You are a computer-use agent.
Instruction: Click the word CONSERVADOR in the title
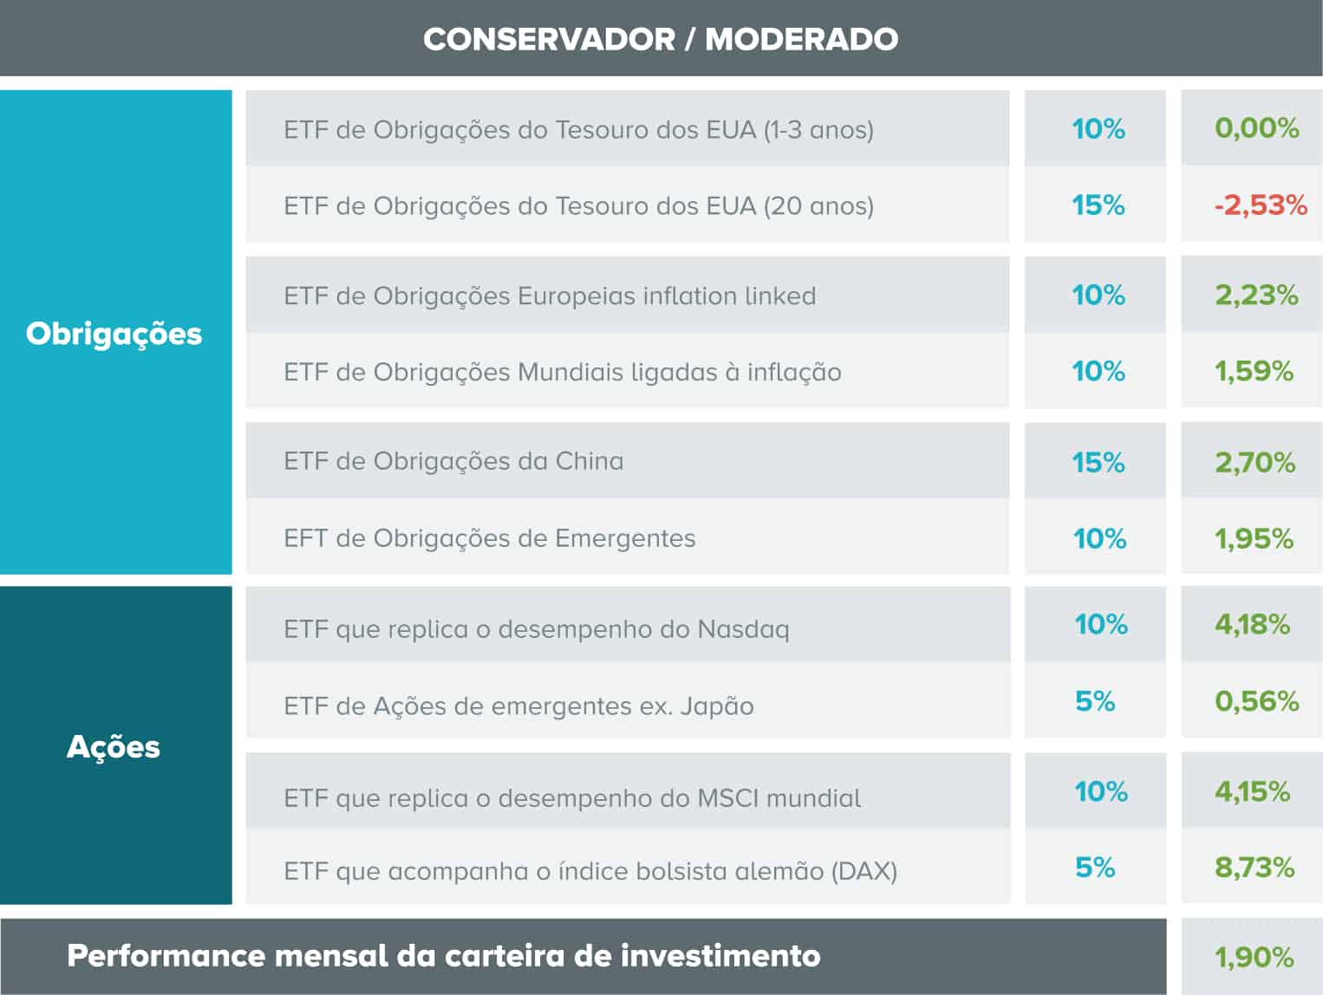click(549, 39)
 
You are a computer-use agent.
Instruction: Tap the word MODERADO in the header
click(801, 39)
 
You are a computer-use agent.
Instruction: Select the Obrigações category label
click(114, 334)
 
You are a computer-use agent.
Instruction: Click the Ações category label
click(114, 747)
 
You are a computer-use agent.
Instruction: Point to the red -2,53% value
click(1261, 205)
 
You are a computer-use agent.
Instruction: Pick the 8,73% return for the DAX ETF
click(1255, 868)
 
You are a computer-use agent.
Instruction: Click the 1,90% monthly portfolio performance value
click(1254, 958)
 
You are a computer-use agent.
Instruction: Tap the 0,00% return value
click(1256, 128)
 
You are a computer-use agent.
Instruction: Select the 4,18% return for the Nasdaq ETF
click(1252, 624)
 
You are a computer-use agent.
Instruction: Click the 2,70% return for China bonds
click(1255, 462)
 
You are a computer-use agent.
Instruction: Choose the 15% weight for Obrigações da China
click(1098, 462)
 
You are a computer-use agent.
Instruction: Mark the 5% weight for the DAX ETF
click(1094, 868)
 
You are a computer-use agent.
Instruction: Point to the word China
click(589, 461)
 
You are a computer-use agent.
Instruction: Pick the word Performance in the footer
click(166, 956)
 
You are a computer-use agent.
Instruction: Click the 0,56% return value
click(1256, 701)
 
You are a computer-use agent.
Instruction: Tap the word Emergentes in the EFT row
click(624, 538)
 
